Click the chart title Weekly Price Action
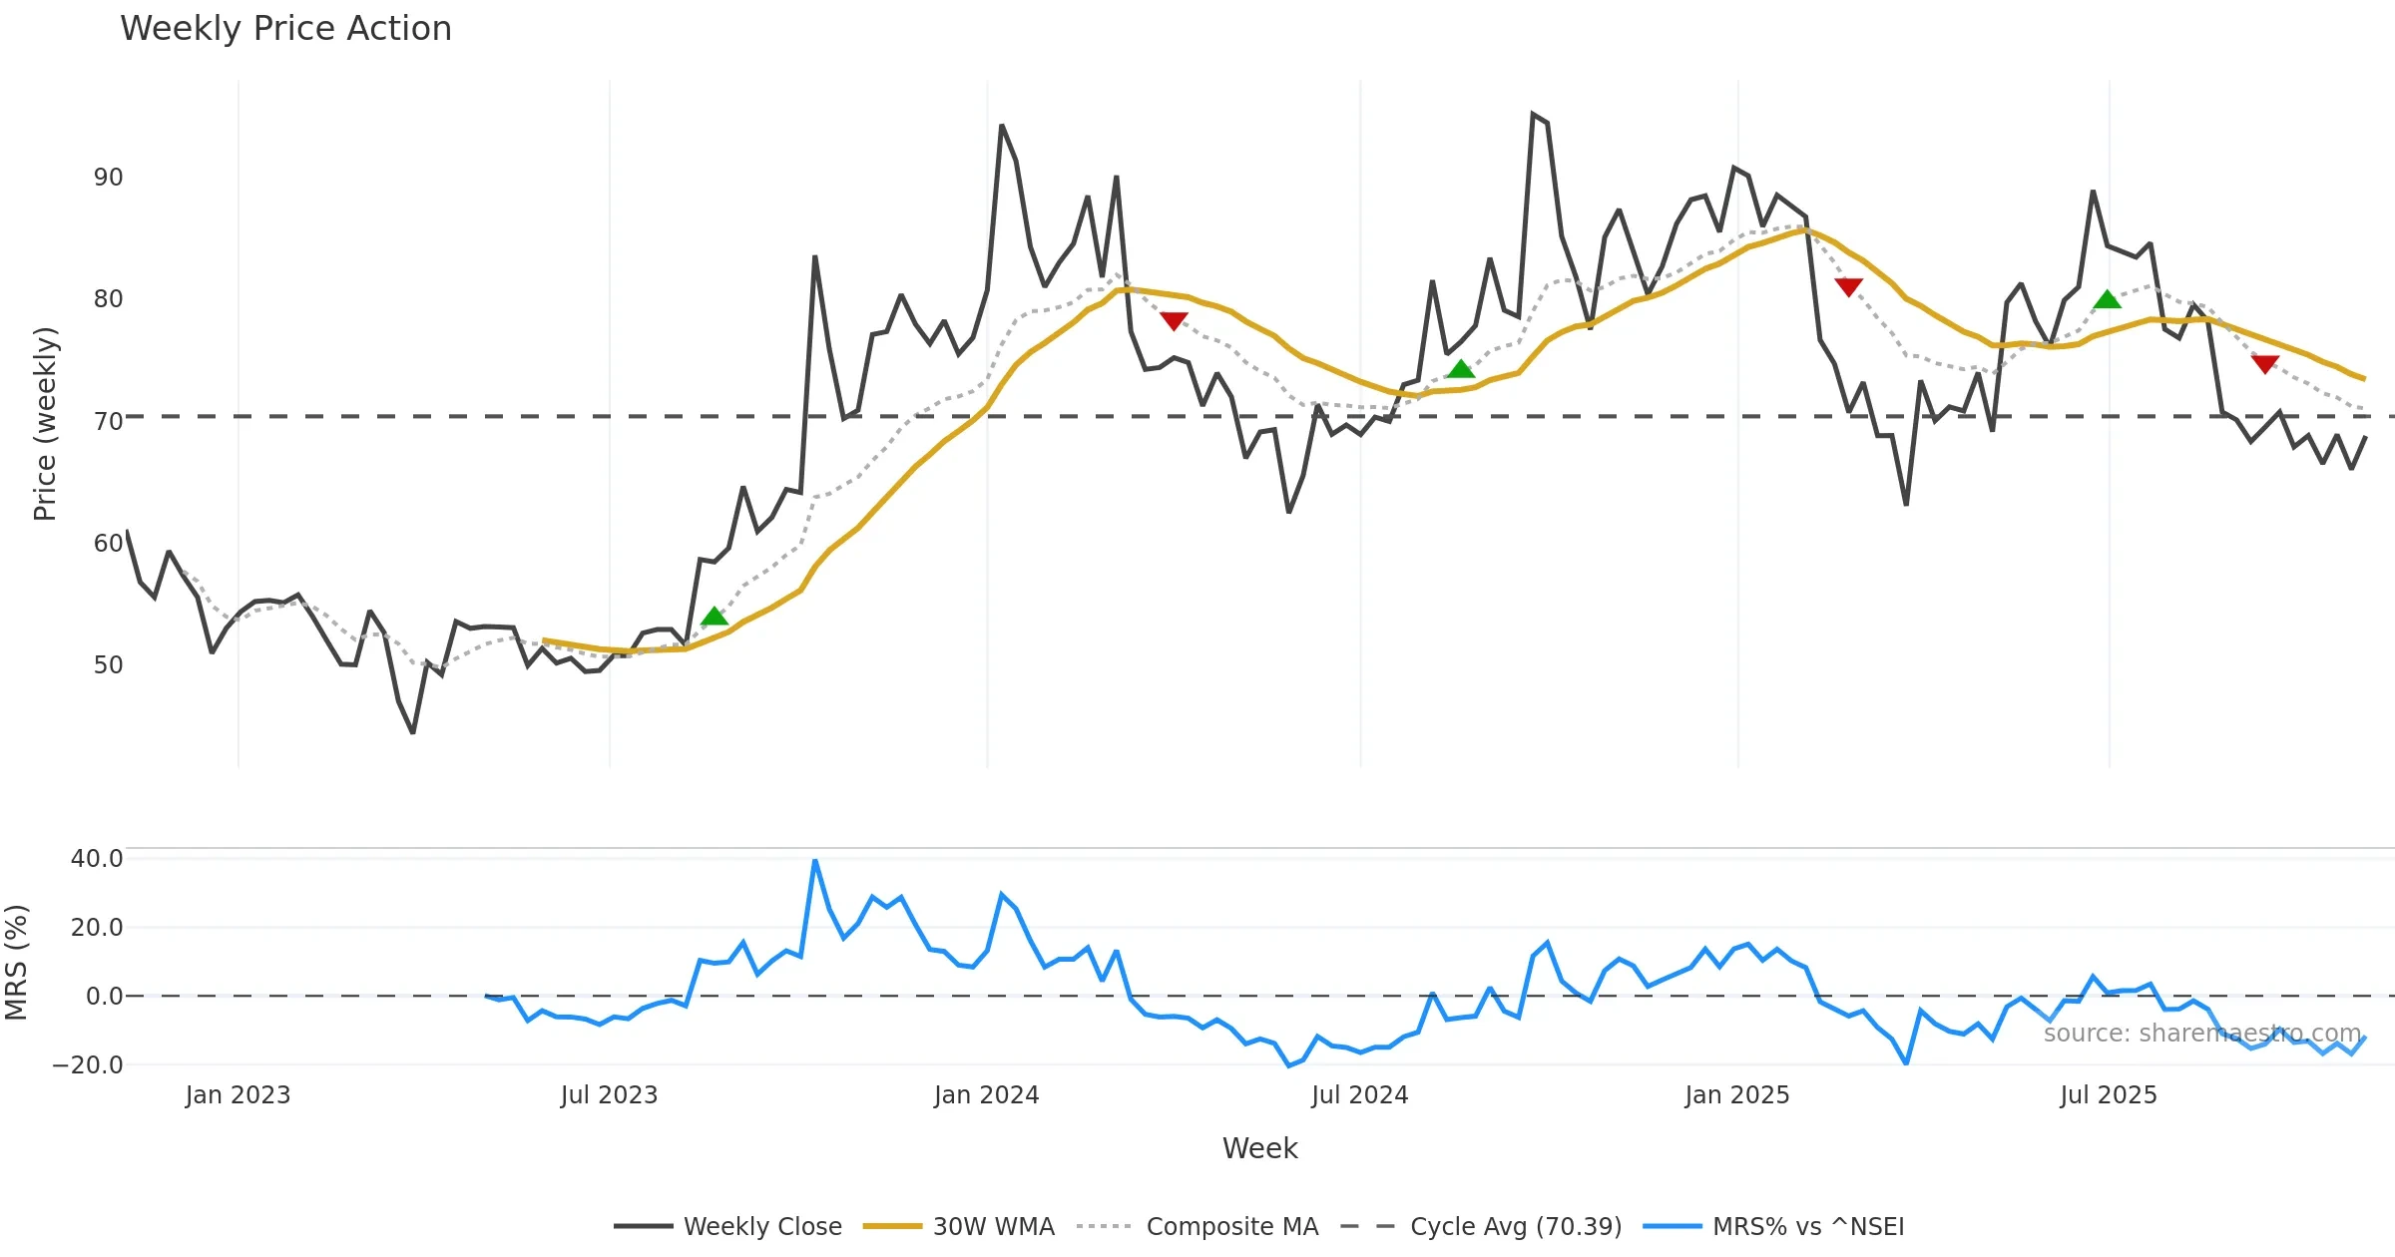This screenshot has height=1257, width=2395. click(285, 29)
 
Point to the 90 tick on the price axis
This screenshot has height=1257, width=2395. click(108, 178)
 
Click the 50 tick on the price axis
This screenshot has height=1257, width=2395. click(108, 665)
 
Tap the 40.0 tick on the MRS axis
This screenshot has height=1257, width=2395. click(97, 859)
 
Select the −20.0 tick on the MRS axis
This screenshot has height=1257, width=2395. click(88, 1065)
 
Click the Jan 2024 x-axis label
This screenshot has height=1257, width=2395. click(986, 1095)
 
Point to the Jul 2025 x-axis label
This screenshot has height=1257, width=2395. click(2108, 1095)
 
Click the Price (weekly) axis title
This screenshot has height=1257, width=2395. click(46, 424)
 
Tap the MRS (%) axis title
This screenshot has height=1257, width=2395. click(17, 963)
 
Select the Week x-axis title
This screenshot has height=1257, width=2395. click(1259, 1149)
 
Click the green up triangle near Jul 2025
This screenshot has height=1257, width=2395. click(2107, 299)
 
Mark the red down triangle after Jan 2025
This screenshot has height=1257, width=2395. click(1848, 287)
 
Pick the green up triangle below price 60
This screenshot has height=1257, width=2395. click(715, 617)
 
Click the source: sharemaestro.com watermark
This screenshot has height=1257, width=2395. click(2201, 1034)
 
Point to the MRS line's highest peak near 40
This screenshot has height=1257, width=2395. click(815, 861)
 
